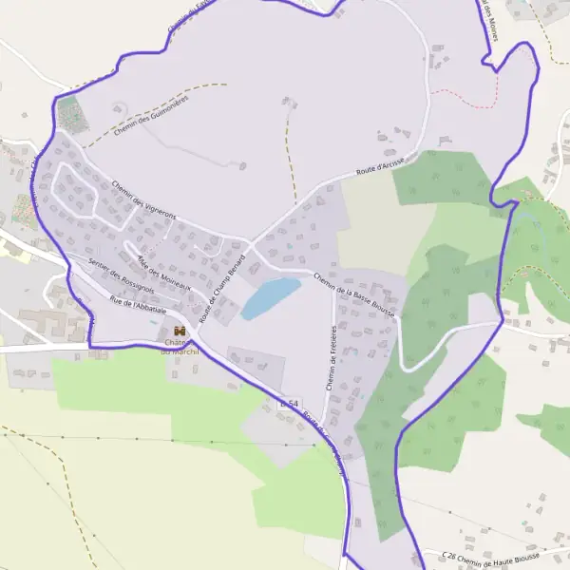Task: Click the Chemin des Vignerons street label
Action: pos(144,200)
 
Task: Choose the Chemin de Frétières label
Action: pos(332,360)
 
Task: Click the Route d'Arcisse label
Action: pos(380,168)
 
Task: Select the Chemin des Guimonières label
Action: pos(151,115)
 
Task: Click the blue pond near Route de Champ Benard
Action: pos(269,297)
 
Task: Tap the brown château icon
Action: pos(179,330)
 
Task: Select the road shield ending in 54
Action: pos(289,405)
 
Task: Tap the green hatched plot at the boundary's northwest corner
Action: pos(68,115)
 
